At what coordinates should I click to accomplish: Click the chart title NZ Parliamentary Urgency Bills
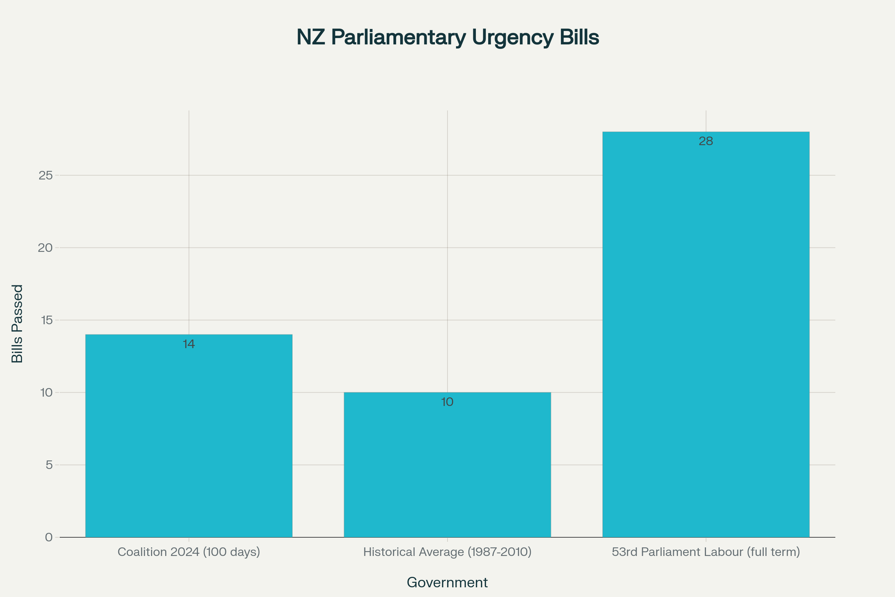tap(447, 37)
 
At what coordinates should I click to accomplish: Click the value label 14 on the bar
tap(189, 344)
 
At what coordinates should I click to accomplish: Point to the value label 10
tap(447, 402)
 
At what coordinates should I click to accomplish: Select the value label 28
tap(706, 141)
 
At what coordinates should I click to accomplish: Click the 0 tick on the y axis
tap(49, 537)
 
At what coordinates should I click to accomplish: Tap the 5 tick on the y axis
tap(49, 465)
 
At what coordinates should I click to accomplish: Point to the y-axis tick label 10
tap(46, 393)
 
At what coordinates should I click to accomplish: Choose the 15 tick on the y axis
tap(46, 320)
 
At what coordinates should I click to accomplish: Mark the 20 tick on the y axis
tap(45, 248)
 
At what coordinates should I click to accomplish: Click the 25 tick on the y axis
tap(45, 175)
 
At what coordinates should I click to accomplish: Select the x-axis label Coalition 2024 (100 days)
tap(189, 552)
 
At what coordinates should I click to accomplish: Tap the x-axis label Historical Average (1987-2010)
tap(447, 552)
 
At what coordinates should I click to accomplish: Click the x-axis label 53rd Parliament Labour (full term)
tap(706, 552)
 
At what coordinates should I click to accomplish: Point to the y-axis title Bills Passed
tap(17, 323)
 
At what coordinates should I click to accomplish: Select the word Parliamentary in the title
tap(398, 37)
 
